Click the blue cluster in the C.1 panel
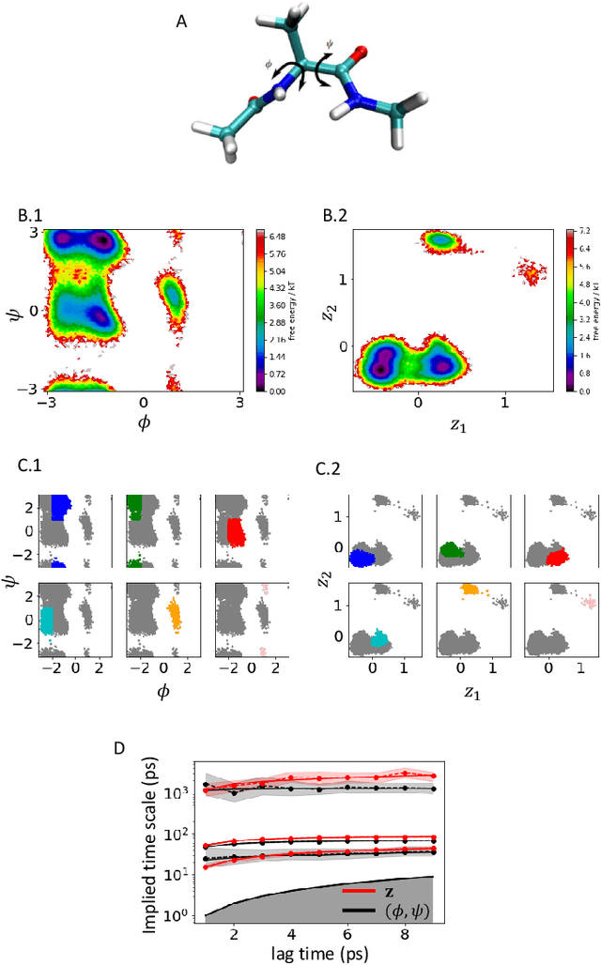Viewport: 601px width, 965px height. [x=60, y=508]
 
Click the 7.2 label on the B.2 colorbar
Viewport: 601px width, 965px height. [x=584, y=230]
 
